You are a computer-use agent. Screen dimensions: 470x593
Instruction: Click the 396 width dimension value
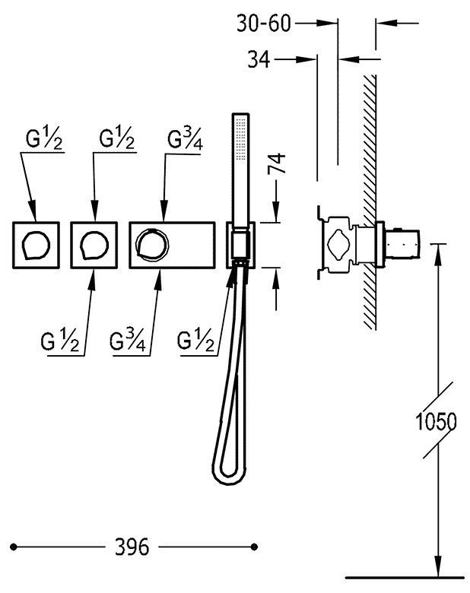pyautogui.click(x=132, y=547)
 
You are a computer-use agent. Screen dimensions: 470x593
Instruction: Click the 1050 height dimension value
pyautogui.click(x=436, y=421)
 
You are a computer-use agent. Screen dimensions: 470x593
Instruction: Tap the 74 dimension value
pyautogui.click(x=276, y=163)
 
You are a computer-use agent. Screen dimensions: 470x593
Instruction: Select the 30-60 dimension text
pyautogui.click(x=264, y=24)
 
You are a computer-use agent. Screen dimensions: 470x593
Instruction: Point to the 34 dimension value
pyautogui.click(x=259, y=59)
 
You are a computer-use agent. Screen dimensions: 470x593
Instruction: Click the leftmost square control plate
pyautogui.click(x=36, y=245)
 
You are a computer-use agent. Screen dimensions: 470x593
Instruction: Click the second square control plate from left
pyautogui.click(x=94, y=245)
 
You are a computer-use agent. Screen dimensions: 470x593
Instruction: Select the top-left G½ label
pyautogui.click(x=44, y=139)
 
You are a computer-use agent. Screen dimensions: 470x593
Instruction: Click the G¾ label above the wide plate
pyautogui.click(x=185, y=140)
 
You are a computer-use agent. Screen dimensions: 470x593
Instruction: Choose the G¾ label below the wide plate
pyautogui.click(x=128, y=341)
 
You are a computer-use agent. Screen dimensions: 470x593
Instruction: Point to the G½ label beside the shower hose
pyautogui.click(x=195, y=341)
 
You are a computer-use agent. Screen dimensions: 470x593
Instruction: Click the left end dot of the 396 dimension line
pyautogui.click(x=14, y=547)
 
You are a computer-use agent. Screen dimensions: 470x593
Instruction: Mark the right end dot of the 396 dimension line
pyautogui.click(x=254, y=547)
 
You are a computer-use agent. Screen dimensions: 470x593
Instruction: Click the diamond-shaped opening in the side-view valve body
pyautogui.click(x=339, y=244)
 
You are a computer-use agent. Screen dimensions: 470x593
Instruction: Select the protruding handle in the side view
pyautogui.click(x=402, y=244)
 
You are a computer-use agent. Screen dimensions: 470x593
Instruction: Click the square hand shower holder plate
pyautogui.click(x=240, y=245)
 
